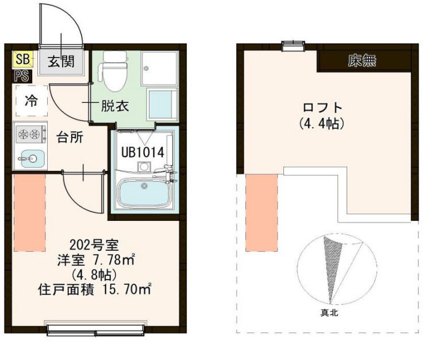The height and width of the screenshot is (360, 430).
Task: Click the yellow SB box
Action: [22, 58]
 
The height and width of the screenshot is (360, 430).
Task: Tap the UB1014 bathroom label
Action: [143, 153]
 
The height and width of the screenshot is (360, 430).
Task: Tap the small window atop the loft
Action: [293, 45]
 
